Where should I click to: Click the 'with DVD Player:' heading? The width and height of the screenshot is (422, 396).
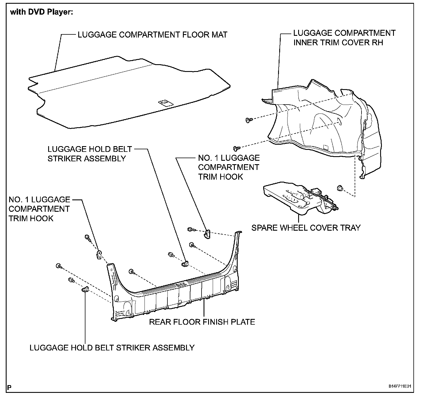click(42, 13)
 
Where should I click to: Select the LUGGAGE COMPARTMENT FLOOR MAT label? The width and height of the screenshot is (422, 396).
click(153, 35)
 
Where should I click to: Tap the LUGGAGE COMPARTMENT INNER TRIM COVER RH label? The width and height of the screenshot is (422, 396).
click(344, 38)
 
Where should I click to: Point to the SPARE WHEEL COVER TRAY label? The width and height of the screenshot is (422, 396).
click(306, 228)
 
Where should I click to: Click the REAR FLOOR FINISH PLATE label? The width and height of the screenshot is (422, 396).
click(202, 322)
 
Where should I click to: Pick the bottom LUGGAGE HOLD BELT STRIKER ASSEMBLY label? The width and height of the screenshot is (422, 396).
click(112, 348)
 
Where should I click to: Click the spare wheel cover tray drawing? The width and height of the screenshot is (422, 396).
click(298, 198)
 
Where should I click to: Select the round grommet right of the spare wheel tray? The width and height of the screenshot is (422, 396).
click(340, 188)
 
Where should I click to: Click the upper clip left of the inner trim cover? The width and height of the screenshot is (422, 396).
click(248, 120)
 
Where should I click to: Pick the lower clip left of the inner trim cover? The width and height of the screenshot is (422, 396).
click(237, 148)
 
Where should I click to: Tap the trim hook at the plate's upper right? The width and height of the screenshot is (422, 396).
click(207, 234)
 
